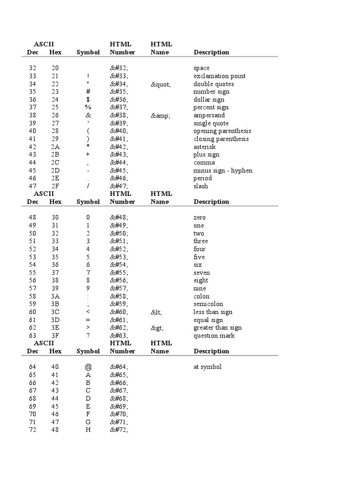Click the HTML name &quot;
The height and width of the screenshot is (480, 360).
[160, 84]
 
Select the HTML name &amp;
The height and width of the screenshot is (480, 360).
[160, 115]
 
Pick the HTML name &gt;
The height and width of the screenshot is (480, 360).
[157, 328]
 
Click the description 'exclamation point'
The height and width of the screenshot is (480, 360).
[219, 76]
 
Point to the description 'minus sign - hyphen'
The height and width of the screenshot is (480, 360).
[223, 171]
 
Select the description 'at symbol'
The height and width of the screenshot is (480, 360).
[207, 367]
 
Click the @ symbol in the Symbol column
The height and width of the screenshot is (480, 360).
[88, 367]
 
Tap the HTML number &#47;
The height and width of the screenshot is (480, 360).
[119, 186]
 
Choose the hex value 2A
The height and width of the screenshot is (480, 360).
[55, 147]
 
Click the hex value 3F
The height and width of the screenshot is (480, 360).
[55, 336]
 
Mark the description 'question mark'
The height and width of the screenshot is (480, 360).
[214, 336]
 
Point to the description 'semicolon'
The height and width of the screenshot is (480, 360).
[208, 304]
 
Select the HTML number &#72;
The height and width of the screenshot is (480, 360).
[119, 430]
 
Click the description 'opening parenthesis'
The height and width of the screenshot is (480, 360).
[222, 131]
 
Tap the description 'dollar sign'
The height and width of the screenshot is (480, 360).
[209, 99]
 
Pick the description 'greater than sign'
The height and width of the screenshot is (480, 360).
[217, 328]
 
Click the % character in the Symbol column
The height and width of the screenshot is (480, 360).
[88, 107]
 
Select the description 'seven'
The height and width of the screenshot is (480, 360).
[202, 273]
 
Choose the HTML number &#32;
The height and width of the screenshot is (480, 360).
[119, 68]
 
